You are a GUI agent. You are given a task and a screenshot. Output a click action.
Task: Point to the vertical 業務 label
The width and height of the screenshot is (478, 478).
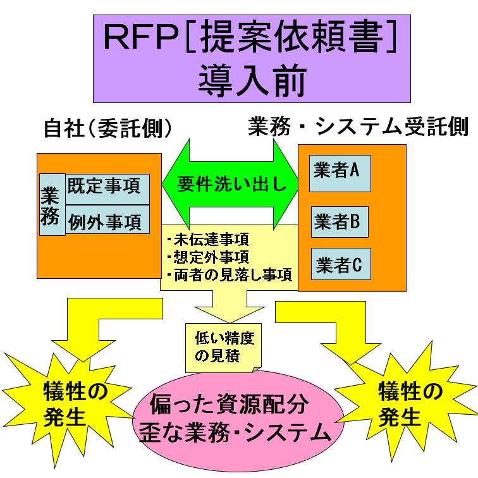pyautogui.click(x=51, y=204)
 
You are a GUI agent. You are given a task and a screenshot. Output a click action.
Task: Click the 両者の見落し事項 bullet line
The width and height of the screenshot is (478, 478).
pyautogui.click(x=228, y=274)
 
